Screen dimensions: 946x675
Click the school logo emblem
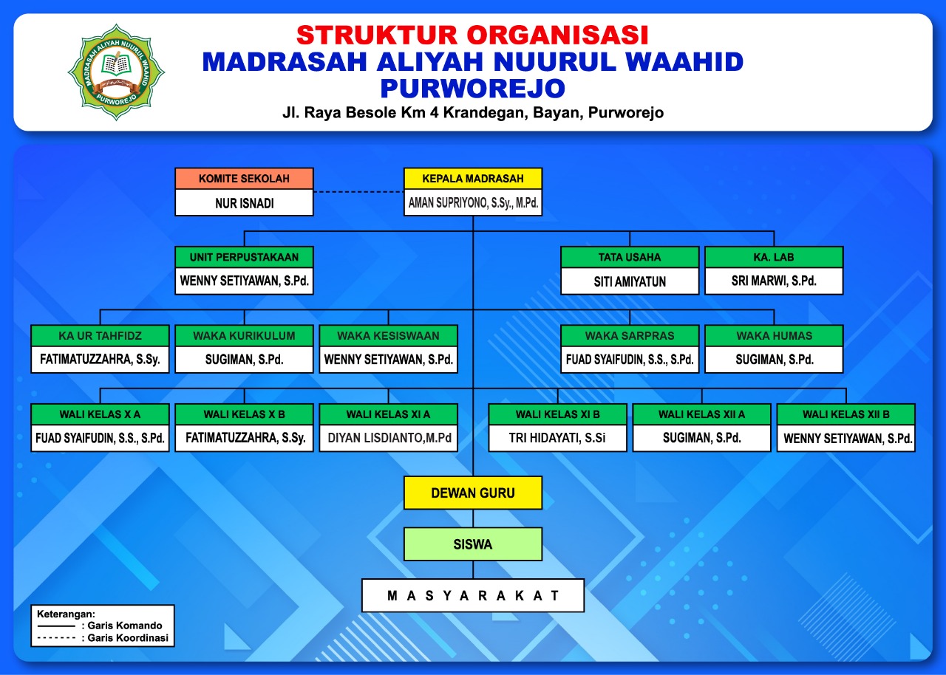pyautogui.click(x=116, y=72)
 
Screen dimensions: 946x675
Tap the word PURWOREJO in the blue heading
pyautogui.click(x=472, y=88)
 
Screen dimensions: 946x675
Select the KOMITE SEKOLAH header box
pyautogui.click(x=244, y=179)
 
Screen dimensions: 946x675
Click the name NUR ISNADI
pyautogui.click(x=245, y=203)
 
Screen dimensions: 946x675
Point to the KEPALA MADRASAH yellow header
pyautogui.click(x=473, y=179)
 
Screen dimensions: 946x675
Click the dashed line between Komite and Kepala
pyautogui.click(x=358, y=192)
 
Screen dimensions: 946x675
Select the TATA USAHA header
pyautogui.click(x=630, y=257)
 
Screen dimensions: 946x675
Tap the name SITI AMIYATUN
pyautogui.click(x=630, y=281)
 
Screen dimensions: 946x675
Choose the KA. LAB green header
pyautogui.click(x=774, y=257)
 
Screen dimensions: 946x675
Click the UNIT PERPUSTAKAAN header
pyautogui.click(x=244, y=257)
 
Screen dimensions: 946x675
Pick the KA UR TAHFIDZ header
pyautogui.click(x=100, y=336)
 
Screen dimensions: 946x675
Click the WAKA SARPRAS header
pyautogui.click(x=630, y=336)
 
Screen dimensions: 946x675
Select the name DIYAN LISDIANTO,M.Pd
pyautogui.click(x=389, y=438)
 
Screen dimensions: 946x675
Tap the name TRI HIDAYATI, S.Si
pyautogui.click(x=557, y=438)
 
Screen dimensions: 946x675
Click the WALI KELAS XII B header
pyautogui.click(x=846, y=414)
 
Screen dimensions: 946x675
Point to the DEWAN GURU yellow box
pyautogui.click(x=473, y=493)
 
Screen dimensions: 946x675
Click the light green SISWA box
pyautogui.click(x=473, y=544)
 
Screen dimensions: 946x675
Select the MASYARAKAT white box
pyautogui.click(x=473, y=595)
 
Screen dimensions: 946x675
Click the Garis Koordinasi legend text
pyautogui.click(x=128, y=638)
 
